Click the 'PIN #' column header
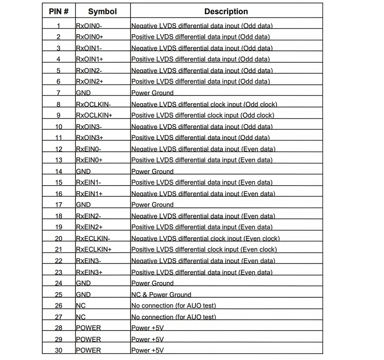59,12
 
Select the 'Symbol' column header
102,12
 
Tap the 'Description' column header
226,12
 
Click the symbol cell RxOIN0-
89,26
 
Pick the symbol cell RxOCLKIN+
94,115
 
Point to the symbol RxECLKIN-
93,238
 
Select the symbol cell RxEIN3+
90,272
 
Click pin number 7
58,93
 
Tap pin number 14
58,171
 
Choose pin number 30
58,351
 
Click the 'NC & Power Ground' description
161,295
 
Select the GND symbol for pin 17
83,205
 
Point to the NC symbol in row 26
81,306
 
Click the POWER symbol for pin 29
88,340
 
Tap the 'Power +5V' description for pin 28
148,328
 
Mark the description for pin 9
203,115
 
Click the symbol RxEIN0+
90,160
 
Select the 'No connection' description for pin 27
174,317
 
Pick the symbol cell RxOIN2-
89,71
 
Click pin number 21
58,250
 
